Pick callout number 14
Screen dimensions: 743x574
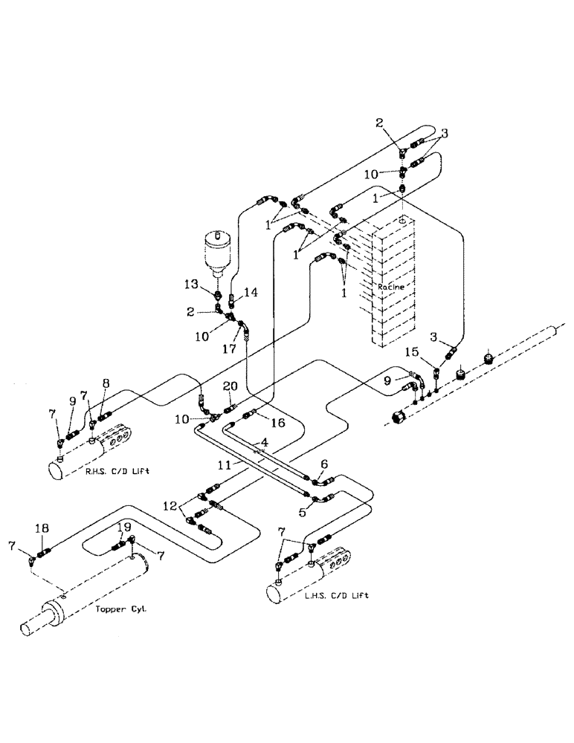251,293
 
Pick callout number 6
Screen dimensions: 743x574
325,462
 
